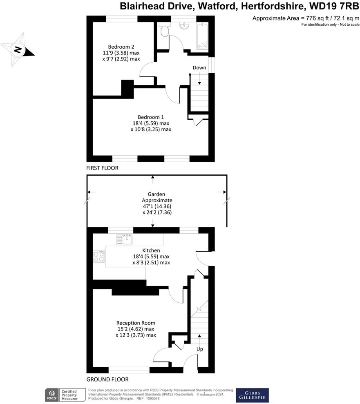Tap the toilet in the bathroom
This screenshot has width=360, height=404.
[x=165, y=30]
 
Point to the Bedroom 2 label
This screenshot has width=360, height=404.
[x=121, y=46]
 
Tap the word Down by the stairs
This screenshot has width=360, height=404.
[x=199, y=67]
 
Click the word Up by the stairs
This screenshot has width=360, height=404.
[x=199, y=349]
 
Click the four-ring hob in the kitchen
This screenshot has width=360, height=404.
[x=98, y=257]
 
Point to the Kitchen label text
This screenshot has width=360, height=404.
[x=151, y=250]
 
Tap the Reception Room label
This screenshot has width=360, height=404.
[x=136, y=323]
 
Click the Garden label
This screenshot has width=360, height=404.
[x=157, y=195]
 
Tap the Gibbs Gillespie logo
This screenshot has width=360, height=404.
[x=252, y=395]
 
